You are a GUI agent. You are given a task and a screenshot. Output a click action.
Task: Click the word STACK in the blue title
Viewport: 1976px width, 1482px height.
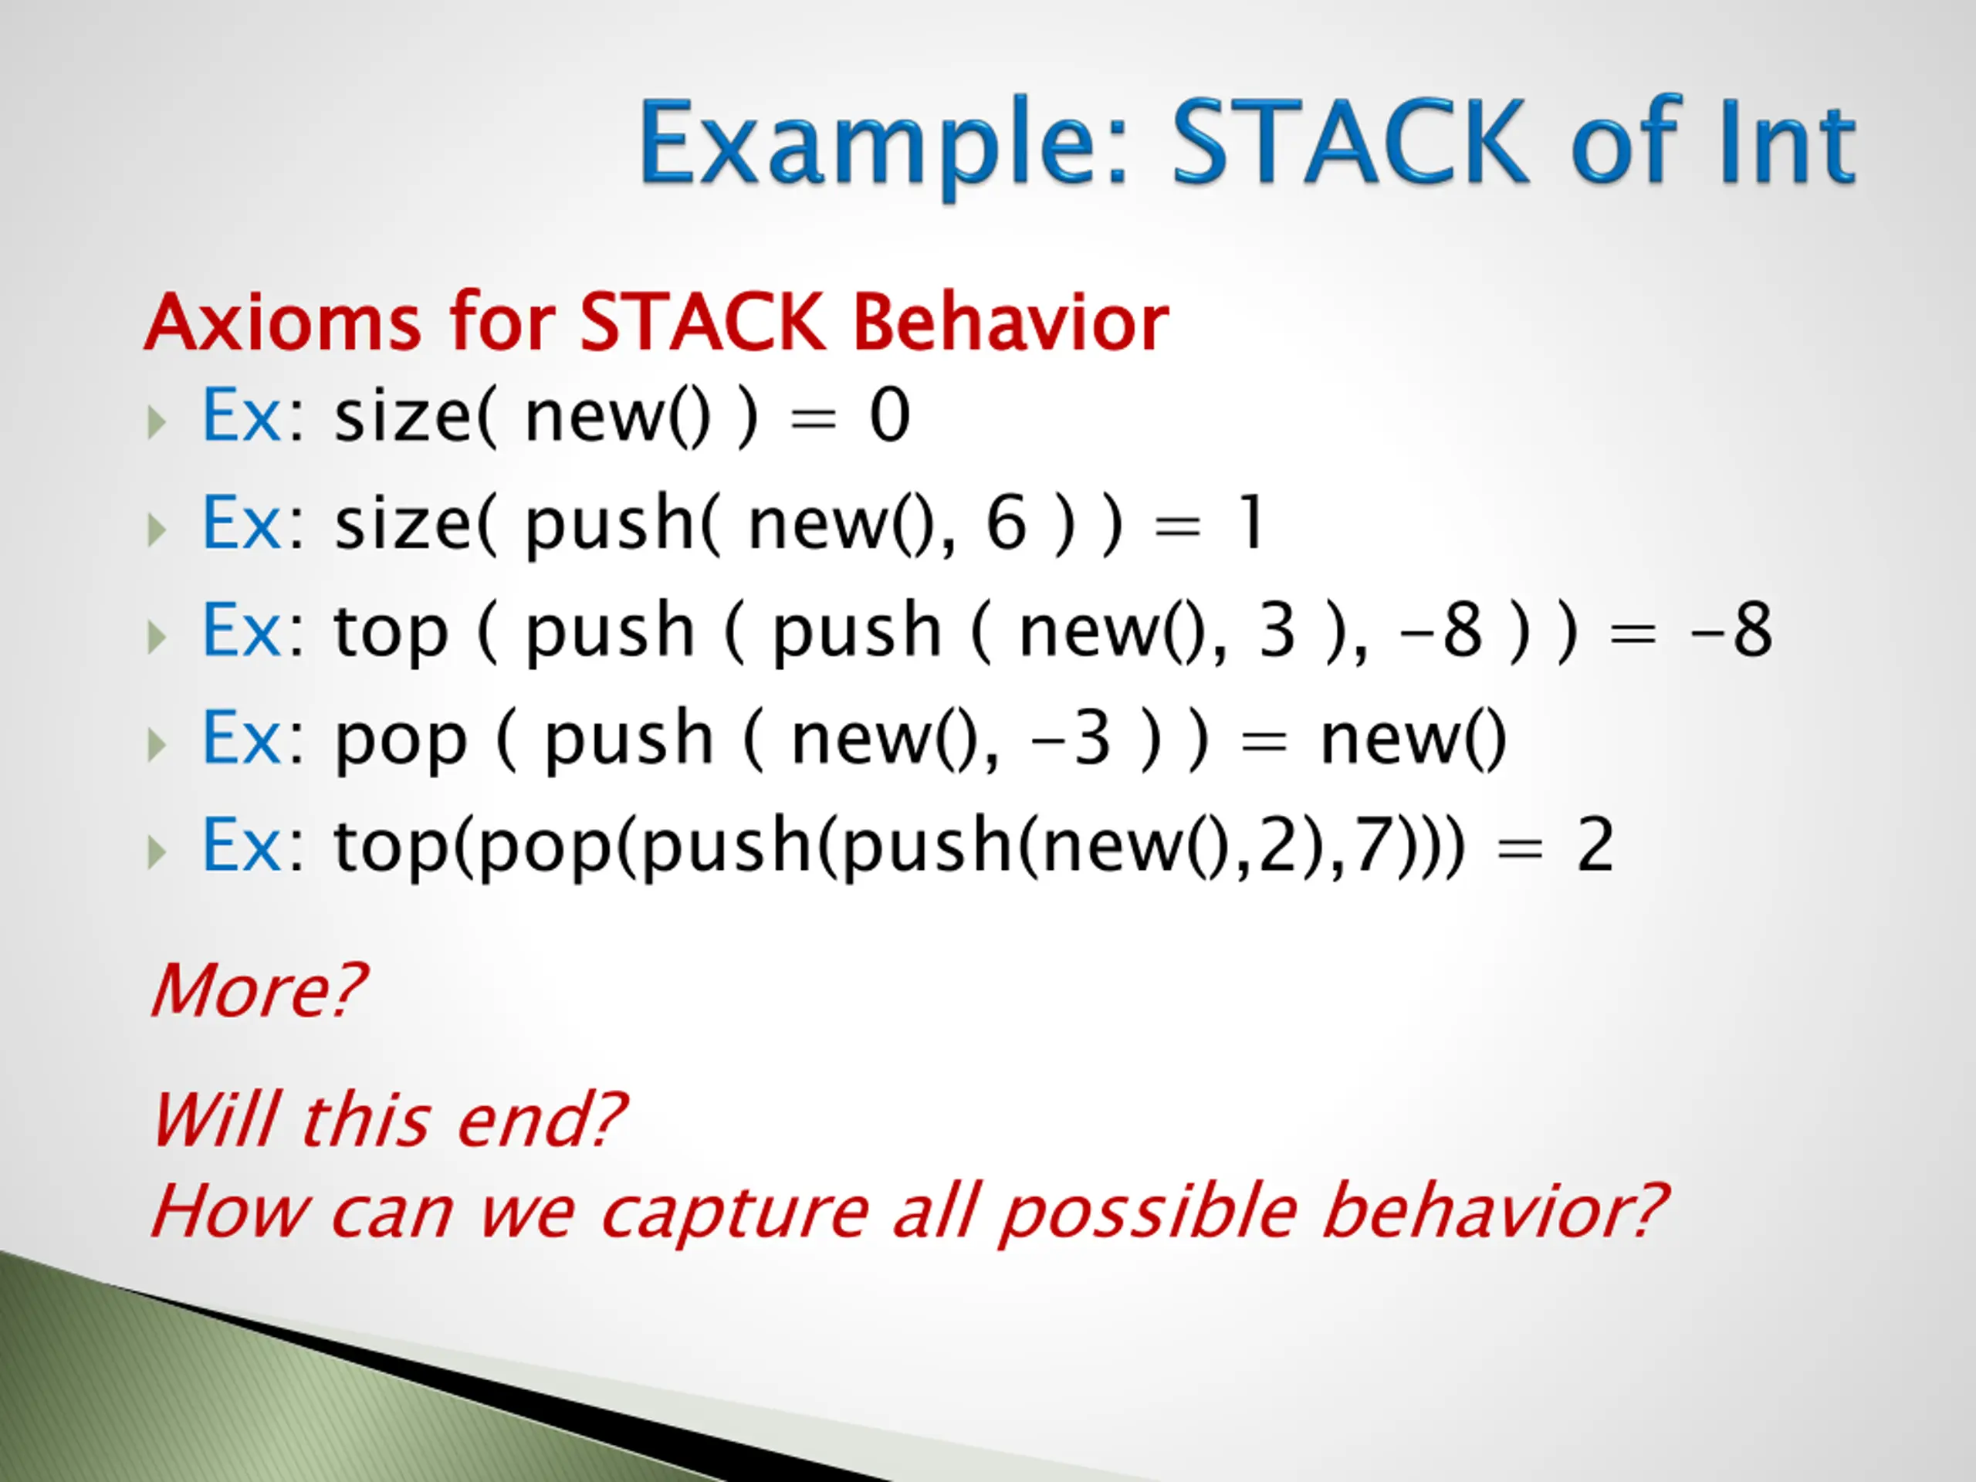[1350, 141]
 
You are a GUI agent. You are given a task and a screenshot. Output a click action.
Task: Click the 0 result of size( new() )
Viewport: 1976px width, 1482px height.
[890, 415]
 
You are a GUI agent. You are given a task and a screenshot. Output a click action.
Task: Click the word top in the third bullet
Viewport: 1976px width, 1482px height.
[391, 634]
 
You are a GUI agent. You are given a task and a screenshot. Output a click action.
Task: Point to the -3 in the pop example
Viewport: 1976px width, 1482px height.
[1071, 739]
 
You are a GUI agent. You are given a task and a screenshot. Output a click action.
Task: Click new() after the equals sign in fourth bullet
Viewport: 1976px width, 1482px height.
[1413, 739]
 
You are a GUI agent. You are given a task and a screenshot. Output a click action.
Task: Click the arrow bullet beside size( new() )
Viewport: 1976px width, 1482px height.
[157, 421]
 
